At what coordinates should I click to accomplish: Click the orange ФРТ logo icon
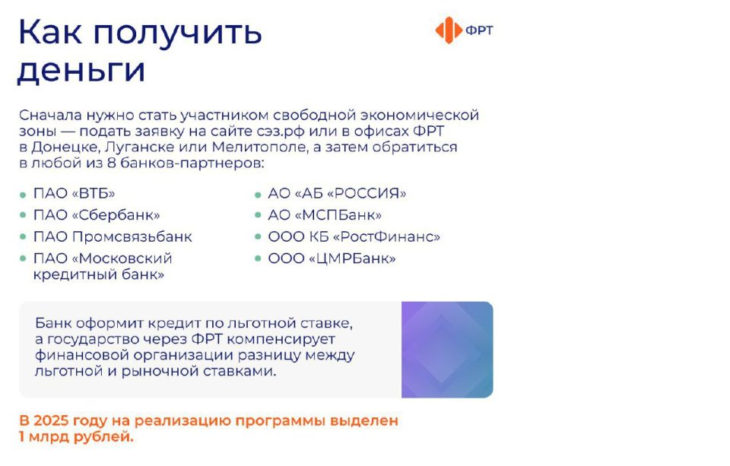tap(449, 30)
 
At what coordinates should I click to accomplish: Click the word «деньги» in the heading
tap(81, 71)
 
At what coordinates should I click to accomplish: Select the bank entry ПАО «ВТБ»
tap(74, 193)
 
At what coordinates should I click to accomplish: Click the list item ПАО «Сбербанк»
tap(97, 215)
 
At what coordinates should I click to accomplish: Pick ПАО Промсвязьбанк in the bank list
tap(113, 237)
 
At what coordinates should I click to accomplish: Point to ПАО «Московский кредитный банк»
tap(103, 267)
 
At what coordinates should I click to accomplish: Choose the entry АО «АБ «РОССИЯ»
tap(337, 193)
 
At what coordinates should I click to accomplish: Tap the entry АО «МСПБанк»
tap(325, 215)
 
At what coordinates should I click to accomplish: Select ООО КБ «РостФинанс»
tap(354, 237)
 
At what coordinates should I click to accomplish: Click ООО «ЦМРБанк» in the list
tap(332, 259)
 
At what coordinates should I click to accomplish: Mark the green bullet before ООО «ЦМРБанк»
tap(259, 260)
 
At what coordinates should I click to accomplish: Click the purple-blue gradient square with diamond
tap(447, 350)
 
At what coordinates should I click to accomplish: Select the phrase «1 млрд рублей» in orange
tap(76, 437)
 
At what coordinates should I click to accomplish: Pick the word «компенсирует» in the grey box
tap(285, 339)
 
